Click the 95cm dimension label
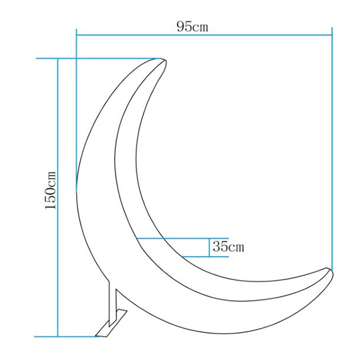click(193, 26)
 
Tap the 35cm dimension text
click(228, 246)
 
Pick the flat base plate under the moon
click(106, 330)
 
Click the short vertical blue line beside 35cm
click(210, 247)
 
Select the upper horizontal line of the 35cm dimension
click(173, 239)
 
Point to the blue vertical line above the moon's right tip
click(332, 151)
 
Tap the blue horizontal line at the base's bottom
click(69, 337)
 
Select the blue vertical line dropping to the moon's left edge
click(76, 113)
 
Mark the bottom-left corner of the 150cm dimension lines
click(58, 337)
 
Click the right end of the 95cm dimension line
click(332, 36)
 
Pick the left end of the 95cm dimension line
click(76, 36)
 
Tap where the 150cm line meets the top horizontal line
click(58, 59)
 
